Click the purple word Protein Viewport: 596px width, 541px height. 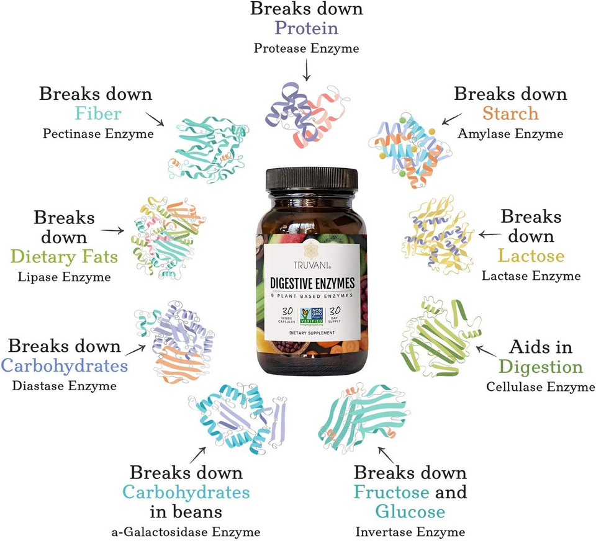point(307,29)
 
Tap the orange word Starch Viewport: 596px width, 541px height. point(510,114)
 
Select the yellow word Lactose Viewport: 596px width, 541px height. point(531,256)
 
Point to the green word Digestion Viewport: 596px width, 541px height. point(540,366)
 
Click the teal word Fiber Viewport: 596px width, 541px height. point(97,114)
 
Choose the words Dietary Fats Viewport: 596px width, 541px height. point(64,256)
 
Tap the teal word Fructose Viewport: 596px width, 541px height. point(391,492)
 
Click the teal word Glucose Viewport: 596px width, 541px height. point(410,511)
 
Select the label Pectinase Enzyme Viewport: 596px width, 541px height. point(97,133)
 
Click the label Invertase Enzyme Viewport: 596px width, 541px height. point(410,532)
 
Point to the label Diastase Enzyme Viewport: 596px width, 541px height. point(64,386)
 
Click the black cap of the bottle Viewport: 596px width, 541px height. point(312,179)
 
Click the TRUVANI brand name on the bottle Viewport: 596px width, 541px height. point(312,264)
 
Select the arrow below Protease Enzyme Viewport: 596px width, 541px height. point(306,71)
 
